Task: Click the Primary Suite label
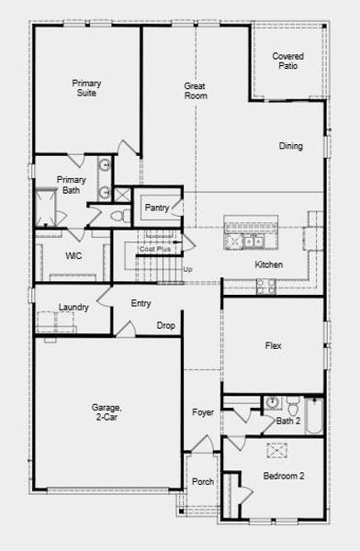click(x=87, y=89)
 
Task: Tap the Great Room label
click(x=195, y=91)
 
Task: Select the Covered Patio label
click(x=287, y=62)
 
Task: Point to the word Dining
click(x=291, y=146)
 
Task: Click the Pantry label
click(x=157, y=208)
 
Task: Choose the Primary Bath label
click(x=71, y=186)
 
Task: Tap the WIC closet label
click(x=73, y=256)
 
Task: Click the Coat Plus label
click(x=154, y=249)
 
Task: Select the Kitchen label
click(x=269, y=265)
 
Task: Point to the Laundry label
click(x=73, y=308)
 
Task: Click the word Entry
click(x=141, y=304)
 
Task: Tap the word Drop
click(x=165, y=326)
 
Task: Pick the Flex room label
click(x=273, y=346)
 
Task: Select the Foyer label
click(x=203, y=413)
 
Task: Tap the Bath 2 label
click(x=288, y=422)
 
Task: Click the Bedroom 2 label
click(x=284, y=477)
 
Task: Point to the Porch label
click(x=202, y=481)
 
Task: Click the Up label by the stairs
click(x=187, y=269)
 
